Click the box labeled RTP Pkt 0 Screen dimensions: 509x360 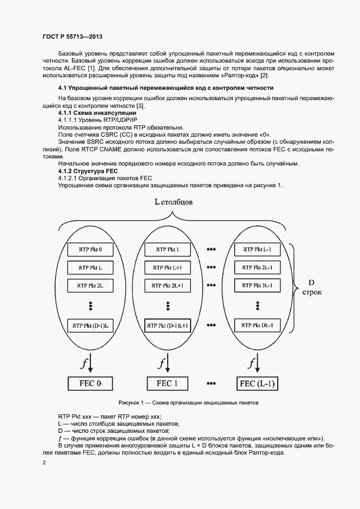point(89,249)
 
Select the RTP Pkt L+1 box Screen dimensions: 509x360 point(168,267)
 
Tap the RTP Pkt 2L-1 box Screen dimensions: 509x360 point(257,267)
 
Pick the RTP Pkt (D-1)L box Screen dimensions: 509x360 point(89,326)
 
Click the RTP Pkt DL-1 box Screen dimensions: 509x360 point(257,326)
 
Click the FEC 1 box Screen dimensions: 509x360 point(168,383)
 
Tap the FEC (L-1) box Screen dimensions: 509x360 point(258,383)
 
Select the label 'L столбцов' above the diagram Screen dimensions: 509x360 point(173,202)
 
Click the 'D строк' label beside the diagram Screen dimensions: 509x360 point(312,287)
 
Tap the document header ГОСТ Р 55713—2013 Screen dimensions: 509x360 point(72,36)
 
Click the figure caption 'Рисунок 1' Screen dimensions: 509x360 point(188,403)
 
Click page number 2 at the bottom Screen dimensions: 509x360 point(44,462)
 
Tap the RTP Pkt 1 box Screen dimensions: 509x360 point(168,249)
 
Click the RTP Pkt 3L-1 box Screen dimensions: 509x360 point(257,285)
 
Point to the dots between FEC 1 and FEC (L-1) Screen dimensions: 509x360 point(212,383)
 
